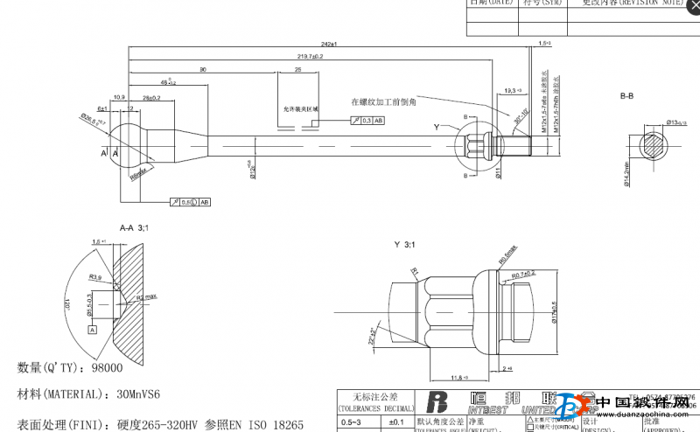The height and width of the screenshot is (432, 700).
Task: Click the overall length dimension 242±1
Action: [329, 43]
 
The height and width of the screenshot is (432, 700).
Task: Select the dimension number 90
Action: [202, 68]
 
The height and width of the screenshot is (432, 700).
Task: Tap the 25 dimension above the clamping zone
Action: [298, 68]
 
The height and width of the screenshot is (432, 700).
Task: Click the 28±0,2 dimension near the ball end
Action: [151, 97]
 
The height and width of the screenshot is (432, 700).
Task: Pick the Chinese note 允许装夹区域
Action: [300, 108]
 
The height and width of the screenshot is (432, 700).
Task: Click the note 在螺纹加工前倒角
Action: [383, 101]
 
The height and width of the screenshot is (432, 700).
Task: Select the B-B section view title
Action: [627, 94]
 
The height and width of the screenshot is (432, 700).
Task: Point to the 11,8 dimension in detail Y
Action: [458, 377]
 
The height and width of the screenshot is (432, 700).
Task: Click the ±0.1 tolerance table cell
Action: [395, 422]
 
